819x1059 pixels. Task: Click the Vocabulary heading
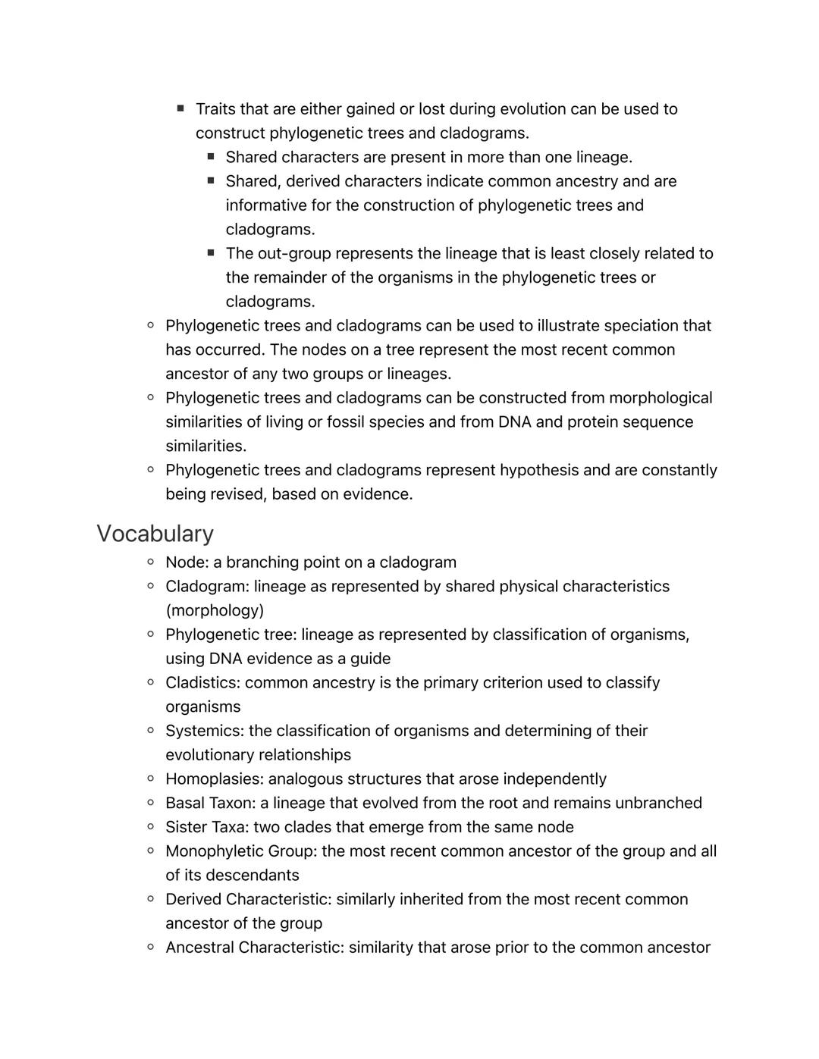pyautogui.click(x=155, y=534)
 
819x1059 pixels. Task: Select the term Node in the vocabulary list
pyautogui.click(x=185, y=562)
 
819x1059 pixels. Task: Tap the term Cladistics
pyautogui.click(x=201, y=683)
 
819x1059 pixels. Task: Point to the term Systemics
pyautogui.click(x=204, y=731)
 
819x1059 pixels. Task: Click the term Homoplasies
pyautogui.click(x=214, y=779)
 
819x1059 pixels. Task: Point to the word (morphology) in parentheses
pyautogui.click(x=215, y=611)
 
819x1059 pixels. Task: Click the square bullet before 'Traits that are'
pyautogui.click(x=180, y=108)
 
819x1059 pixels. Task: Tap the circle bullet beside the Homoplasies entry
pyautogui.click(x=151, y=779)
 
